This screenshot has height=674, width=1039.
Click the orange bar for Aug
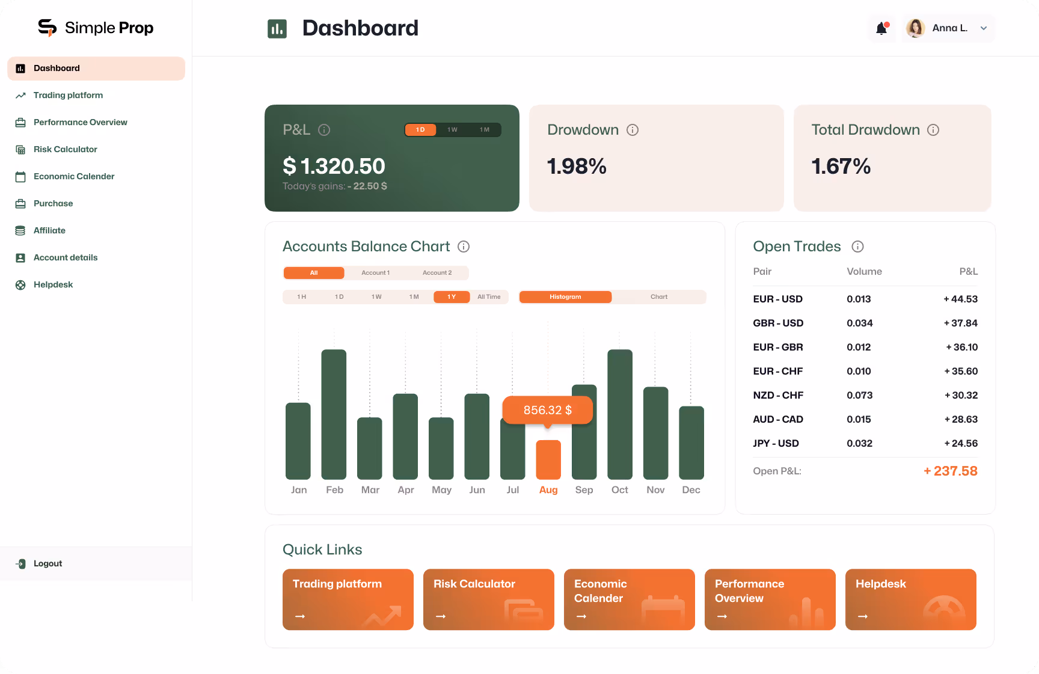coord(548,460)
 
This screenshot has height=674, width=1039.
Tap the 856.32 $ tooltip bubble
coord(547,410)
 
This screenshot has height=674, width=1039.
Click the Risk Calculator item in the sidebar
coord(65,149)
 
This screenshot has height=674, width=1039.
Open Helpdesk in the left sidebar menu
coord(53,284)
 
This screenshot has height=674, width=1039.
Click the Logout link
coord(48,563)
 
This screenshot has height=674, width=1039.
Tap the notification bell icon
coord(881,28)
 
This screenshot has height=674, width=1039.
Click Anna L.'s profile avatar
coord(915,28)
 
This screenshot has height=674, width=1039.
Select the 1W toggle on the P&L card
coord(452,130)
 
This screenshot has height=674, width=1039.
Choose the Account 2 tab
coord(437,273)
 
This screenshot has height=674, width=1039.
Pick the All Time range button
coord(489,297)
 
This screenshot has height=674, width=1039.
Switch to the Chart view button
coord(658,297)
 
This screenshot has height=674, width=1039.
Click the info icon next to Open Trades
coord(857,247)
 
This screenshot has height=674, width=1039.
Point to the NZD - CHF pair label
coord(778,395)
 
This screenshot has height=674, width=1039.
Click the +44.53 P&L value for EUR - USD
coord(960,299)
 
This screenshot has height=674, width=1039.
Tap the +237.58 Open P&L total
coord(950,471)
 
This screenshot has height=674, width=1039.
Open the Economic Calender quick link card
coord(629,599)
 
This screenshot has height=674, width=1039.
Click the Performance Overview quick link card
coord(770,599)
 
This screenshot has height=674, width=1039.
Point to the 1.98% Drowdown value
coord(576,167)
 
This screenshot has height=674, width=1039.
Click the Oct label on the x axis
coord(619,490)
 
